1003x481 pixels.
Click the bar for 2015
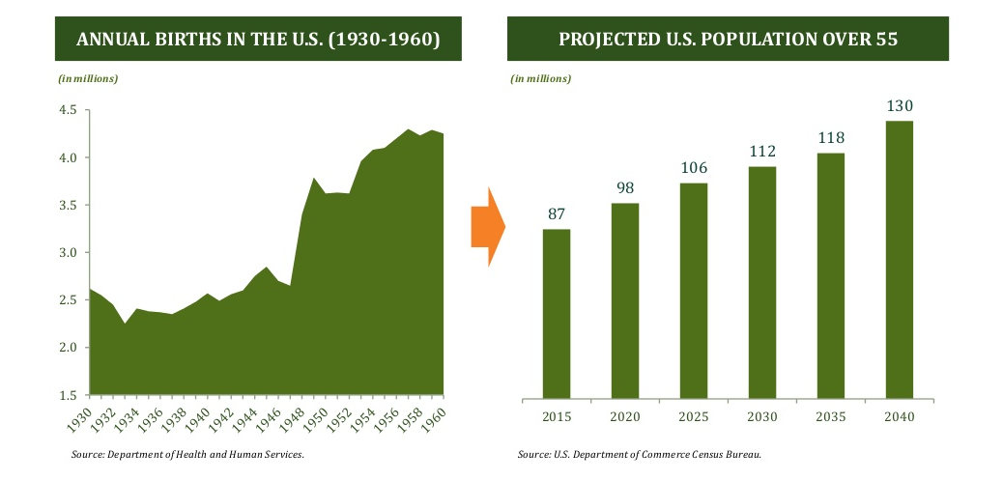pyautogui.click(x=556, y=313)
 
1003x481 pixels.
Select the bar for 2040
pyautogui.click(x=900, y=259)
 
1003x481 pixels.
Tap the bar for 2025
pyautogui.click(x=693, y=290)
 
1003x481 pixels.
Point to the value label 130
pyautogui.click(x=900, y=106)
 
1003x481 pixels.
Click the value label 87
pyautogui.click(x=556, y=214)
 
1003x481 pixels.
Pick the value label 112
pyautogui.click(x=761, y=152)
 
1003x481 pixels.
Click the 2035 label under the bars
pyautogui.click(x=830, y=416)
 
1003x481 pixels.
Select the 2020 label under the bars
pyautogui.click(x=624, y=416)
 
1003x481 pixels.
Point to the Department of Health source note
pyautogui.click(x=188, y=453)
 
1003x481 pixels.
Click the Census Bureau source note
pyautogui.click(x=639, y=454)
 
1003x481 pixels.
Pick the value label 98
pyautogui.click(x=624, y=187)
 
